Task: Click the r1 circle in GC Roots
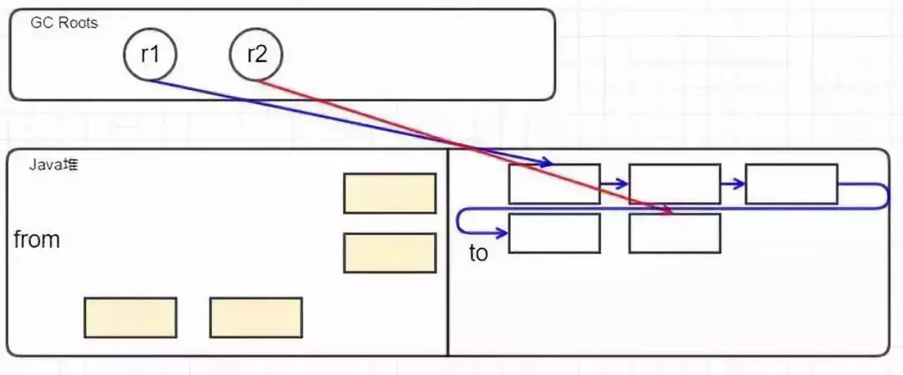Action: coord(150,55)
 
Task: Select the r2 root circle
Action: coord(257,55)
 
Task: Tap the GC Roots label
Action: coord(64,23)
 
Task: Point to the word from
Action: coord(37,240)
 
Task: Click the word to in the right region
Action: coord(478,253)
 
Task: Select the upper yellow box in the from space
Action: coord(390,193)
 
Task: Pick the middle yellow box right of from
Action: coord(390,253)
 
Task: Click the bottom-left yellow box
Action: coord(130,317)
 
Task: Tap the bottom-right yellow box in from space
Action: coord(256,317)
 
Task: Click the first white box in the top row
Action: coord(554,184)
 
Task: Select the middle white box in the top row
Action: coord(675,184)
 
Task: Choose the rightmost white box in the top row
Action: coord(791,184)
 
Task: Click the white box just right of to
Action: coord(554,233)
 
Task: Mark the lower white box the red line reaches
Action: coord(675,233)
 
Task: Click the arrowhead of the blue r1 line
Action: coord(548,161)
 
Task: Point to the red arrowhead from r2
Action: coord(668,212)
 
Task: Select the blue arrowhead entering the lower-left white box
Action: coord(502,232)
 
